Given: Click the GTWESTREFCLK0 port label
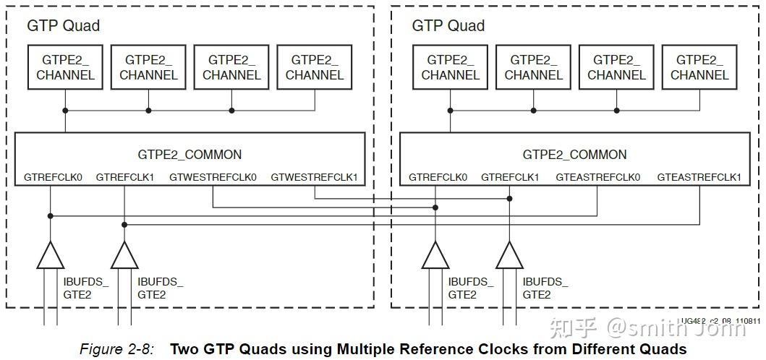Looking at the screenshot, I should point(213,177).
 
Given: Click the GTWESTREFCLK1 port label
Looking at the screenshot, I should point(314,177).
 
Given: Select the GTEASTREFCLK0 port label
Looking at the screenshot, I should point(597,177).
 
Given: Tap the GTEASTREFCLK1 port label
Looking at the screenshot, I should point(699,177).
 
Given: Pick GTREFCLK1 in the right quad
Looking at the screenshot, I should point(510,177).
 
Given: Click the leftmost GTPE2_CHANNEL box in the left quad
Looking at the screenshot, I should point(65,67).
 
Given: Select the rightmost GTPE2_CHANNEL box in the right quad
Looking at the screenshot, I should point(699,67).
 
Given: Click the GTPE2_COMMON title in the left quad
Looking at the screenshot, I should point(190,154).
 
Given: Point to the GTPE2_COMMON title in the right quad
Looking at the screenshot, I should point(574,154).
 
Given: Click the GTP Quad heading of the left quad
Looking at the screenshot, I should point(63,26).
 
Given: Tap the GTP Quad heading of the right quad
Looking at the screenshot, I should point(448,26).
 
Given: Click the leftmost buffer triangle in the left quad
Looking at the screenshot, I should point(50,255).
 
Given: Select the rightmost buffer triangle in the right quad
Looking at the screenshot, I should point(509,255).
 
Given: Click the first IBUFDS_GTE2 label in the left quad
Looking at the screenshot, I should point(85,288).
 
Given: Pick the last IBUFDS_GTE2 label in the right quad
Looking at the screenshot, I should point(545,288).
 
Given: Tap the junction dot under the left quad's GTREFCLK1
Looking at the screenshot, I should point(124,225).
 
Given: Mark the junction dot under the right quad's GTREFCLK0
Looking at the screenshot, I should point(435,207).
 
